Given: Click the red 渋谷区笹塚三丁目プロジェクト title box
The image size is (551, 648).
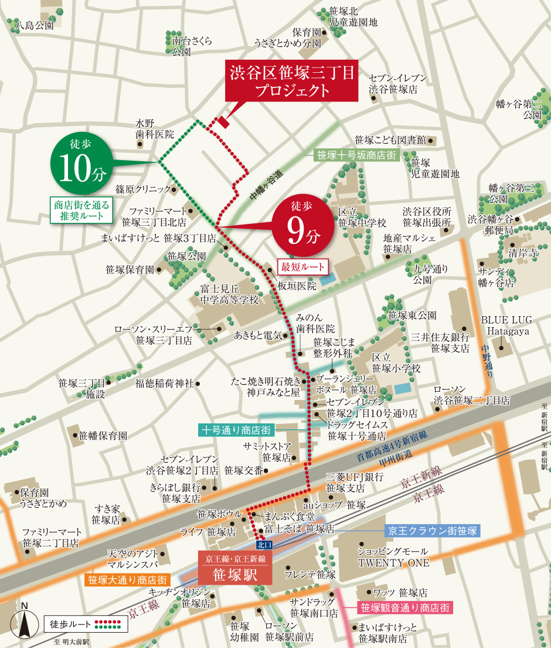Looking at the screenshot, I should click(292, 81).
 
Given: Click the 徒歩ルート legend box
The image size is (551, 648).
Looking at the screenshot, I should click(86, 624).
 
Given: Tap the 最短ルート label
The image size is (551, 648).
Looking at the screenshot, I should click(303, 266).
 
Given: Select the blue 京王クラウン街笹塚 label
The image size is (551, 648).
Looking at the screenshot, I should click(432, 531).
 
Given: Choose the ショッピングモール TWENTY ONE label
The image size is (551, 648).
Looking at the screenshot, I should click(393, 557).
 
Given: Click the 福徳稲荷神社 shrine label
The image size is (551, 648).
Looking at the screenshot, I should click(164, 384).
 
